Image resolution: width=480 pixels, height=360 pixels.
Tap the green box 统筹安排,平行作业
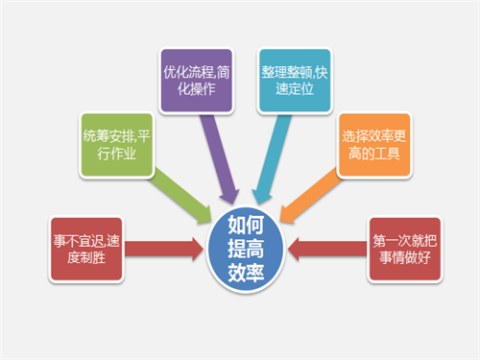(x=116, y=143)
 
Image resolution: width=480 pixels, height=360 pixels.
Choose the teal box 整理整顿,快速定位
(x=294, y=79)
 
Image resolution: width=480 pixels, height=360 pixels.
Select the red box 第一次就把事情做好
(x=402, y=250)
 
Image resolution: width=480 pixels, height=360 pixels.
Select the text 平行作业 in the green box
(x=108, y=154)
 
